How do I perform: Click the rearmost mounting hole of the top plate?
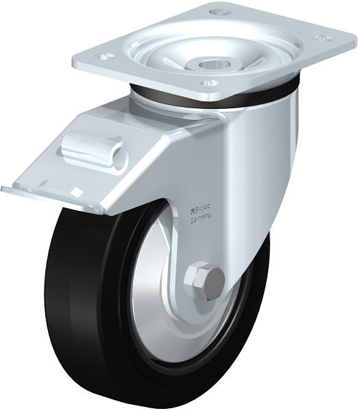[220, 12]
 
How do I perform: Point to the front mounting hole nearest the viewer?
[208, 84]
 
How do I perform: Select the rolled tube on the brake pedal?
[95, 152]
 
